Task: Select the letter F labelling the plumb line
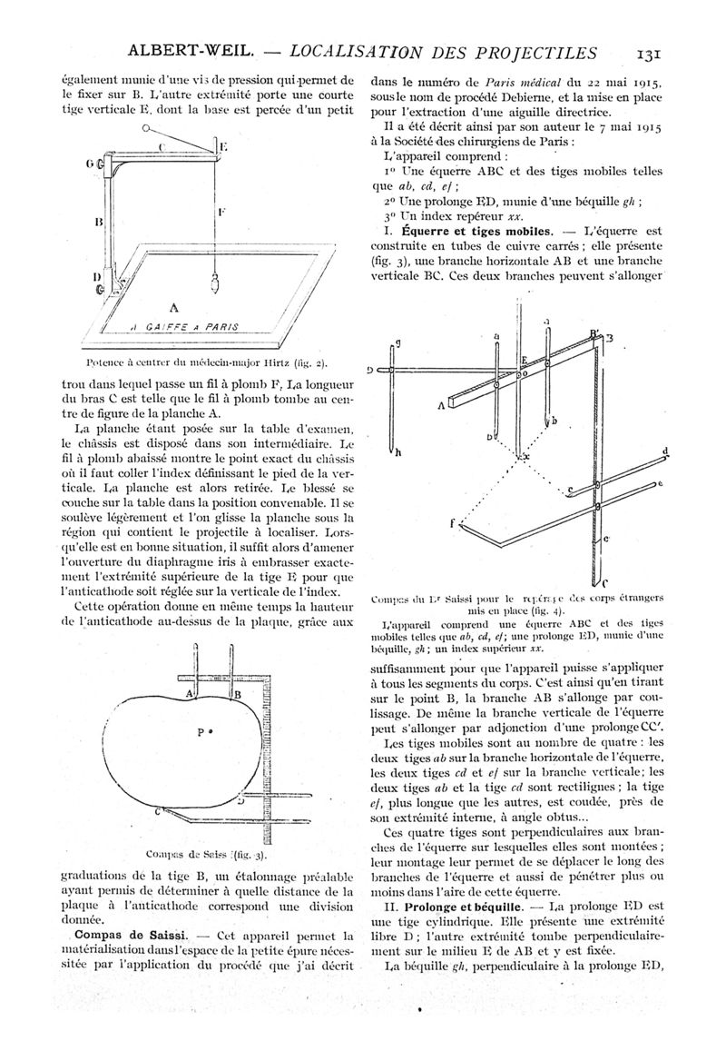click(221, 211)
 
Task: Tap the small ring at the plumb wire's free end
click(145, 129)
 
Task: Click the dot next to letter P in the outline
click(211, 729)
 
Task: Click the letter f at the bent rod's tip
click(452, 524)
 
